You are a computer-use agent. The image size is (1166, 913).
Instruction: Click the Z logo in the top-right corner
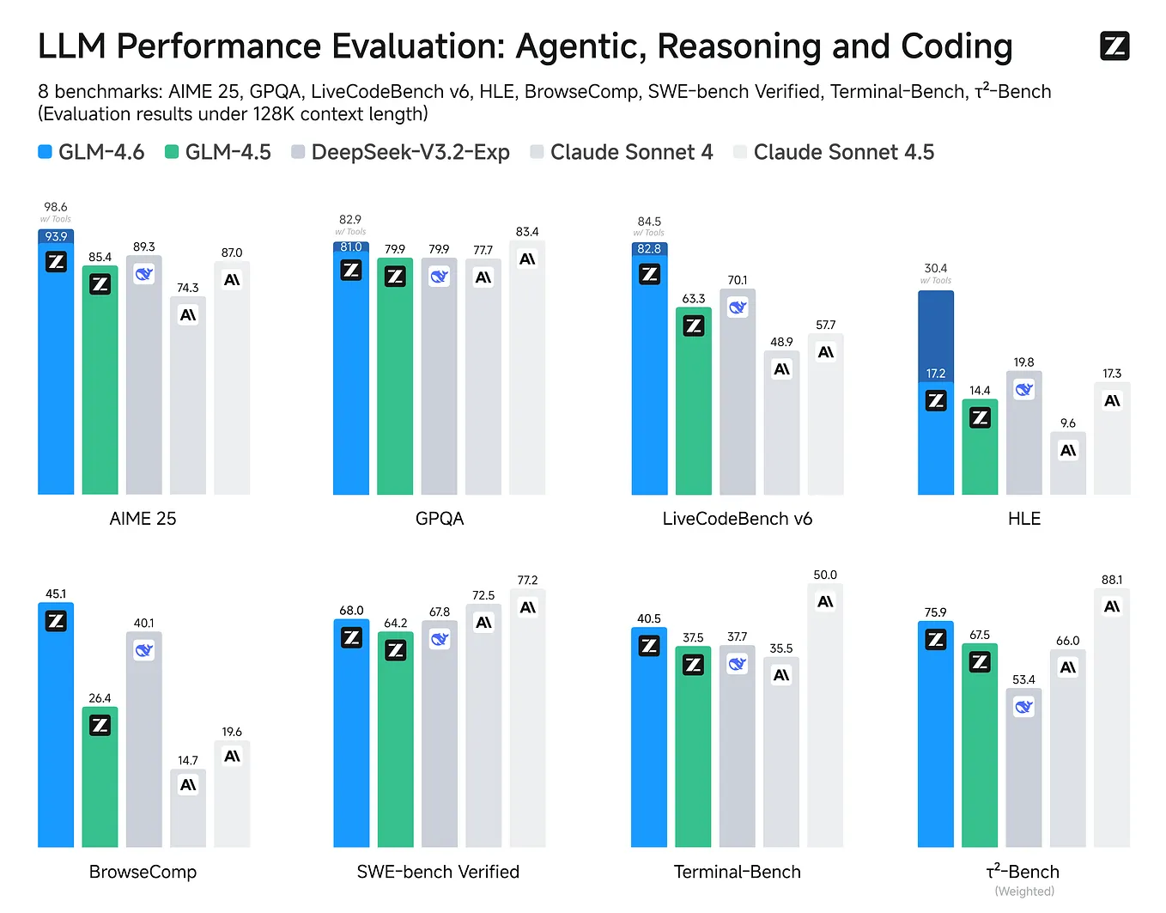[x=1114, y=46]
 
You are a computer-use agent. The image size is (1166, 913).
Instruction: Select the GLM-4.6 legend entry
[x=91, y=152]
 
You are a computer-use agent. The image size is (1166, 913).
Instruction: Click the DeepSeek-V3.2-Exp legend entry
[x=400, y=152]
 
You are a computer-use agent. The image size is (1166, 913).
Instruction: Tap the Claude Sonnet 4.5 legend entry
[x=833, y=152]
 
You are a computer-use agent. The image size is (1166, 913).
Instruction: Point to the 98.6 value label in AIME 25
[x=56, y=207]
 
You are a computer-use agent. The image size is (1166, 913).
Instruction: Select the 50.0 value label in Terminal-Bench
[x=825, y=575]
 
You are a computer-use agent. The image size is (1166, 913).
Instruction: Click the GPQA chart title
[x=439, y=519]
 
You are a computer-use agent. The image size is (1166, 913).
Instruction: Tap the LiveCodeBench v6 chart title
[x=737, y=519]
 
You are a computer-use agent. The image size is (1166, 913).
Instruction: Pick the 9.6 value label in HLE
[x=1067, y=423]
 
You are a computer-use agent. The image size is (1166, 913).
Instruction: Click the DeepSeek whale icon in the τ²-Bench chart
[x=1023, y=707]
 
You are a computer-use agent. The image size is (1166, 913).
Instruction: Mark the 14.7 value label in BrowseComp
[x=188, y=760]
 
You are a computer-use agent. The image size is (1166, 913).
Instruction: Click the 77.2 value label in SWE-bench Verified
[x=527, y=581]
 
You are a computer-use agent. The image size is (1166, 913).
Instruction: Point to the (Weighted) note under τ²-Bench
[x=1023, y=892]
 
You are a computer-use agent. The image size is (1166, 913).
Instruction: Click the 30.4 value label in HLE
[x=936, y=269]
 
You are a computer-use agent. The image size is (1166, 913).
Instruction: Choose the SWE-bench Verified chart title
[x=438, y=872]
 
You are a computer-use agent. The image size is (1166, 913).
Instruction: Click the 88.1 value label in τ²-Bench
[x=1112, y=580]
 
